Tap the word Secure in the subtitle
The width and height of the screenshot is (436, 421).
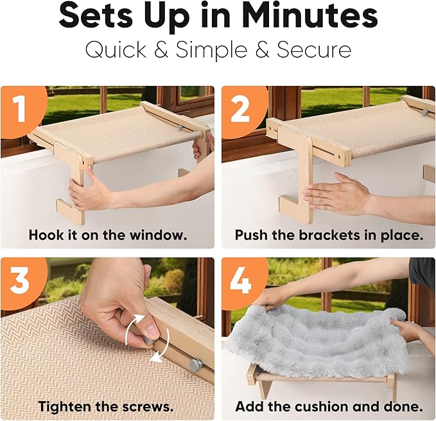click(314, 50)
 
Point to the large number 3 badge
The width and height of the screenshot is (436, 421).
click(19, 280)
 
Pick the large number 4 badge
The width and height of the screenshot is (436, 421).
click(241, 280)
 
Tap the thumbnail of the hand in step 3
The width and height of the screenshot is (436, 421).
click(152, 331)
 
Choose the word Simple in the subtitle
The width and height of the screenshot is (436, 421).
click(211, 50)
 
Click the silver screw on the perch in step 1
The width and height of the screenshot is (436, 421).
click(180, 128)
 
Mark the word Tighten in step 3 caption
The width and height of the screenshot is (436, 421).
click(64, 407)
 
